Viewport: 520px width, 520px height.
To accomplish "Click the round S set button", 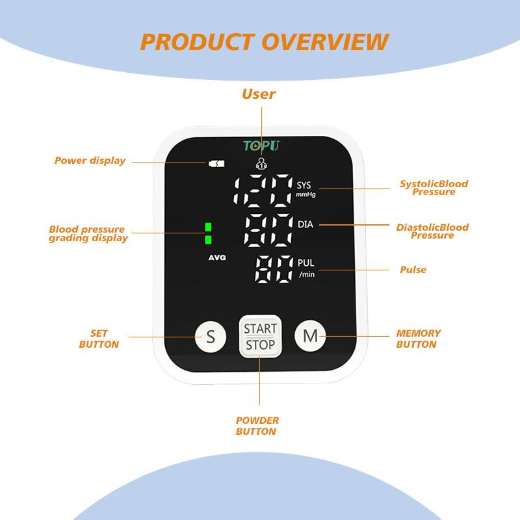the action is [210, 337].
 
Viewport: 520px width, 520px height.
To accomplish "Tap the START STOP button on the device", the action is [260, 337].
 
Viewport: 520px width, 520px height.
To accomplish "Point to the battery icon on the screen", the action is [215, 163].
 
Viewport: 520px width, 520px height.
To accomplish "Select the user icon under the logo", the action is [261, 164].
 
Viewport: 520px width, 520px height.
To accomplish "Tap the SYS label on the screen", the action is [304, 185].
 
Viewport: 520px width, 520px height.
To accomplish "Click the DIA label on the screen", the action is [305, 224].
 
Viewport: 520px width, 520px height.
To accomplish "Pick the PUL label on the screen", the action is [305, 263].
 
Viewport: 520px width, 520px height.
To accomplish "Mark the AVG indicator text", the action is [217, 258].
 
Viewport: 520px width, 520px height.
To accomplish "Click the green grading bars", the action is [208, 233].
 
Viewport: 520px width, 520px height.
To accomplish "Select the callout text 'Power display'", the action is [90, 161].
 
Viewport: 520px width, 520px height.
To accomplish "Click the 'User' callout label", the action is [259, 94].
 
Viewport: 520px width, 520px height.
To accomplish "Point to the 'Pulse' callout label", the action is [413, 269].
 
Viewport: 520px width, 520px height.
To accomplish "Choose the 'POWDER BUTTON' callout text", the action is [257, 426].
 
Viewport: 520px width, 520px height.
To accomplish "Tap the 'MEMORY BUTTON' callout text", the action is [418, 339].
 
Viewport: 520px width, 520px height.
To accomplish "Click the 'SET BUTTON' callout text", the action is [99, 339].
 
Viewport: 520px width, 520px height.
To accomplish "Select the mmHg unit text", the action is [306, 194].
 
